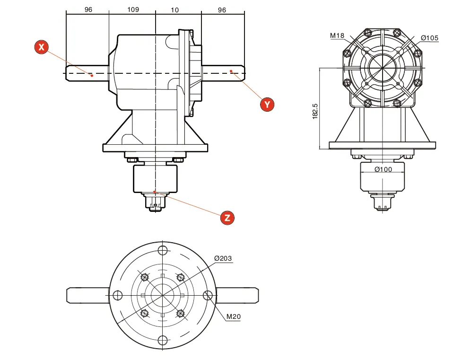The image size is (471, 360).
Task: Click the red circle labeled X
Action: click(42, 47)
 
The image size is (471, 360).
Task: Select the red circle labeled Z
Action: click(227, 218)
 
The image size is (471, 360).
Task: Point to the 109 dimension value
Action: click(133, 9)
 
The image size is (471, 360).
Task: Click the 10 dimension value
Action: click(175, 9)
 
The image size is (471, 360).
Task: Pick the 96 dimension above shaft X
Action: click(88, 9)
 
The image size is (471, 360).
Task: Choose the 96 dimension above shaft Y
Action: click(222, 9)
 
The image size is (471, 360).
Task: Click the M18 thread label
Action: click(337, 35)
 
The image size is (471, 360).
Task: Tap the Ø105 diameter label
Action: click(429, 38)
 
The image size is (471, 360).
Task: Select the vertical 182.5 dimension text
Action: click(315, 112)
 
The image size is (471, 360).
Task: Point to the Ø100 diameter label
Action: click(383, 169)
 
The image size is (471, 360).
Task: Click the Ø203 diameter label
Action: click(223, 258)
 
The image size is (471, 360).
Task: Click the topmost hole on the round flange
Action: click(162, 250)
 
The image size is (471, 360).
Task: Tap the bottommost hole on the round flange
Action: click(162, 340)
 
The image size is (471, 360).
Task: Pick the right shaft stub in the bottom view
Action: click(237, 295)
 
